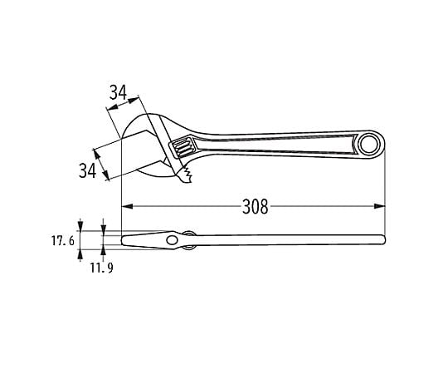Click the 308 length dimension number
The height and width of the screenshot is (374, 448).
click(256, 207)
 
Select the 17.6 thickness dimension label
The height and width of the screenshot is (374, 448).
click(63, 241)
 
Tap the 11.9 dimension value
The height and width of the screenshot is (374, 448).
click(102, 268)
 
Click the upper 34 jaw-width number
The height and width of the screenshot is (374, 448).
click(118, 92)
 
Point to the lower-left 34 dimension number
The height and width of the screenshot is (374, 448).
click(87, 170)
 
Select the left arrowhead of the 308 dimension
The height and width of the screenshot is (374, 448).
click(128, 206)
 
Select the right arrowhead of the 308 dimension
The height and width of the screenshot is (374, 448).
click(379, 206)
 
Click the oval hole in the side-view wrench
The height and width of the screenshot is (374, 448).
click(172, 240)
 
